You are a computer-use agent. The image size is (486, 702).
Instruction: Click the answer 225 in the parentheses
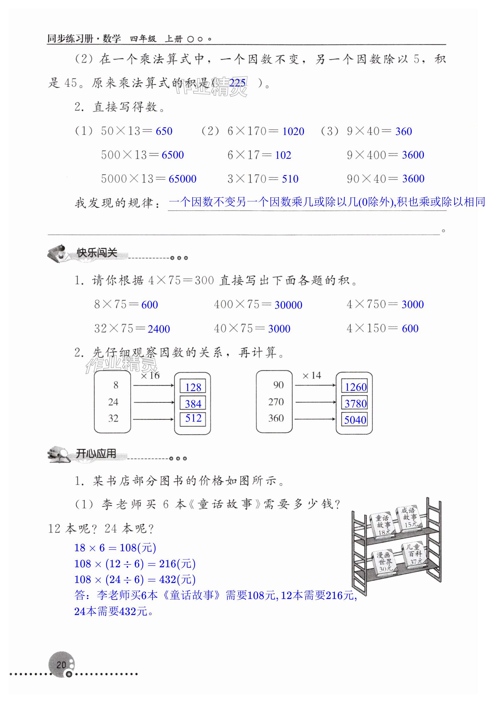click(237, 83)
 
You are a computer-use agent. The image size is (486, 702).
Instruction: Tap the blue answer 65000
click(182, 179)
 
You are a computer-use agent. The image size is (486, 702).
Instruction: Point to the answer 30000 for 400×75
click(288, 305)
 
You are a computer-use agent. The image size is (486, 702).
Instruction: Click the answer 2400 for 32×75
click(159, 329)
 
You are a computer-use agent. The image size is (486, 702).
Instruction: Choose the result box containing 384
click(193, 403)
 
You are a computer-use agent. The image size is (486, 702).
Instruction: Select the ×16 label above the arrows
click(150, 376)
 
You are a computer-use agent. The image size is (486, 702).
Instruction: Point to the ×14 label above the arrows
click(311, 376)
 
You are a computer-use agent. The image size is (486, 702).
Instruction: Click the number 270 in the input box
click(276, 402)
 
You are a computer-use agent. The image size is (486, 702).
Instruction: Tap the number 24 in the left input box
click(113, 402)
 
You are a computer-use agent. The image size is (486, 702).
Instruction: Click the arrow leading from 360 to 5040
click(315, 419)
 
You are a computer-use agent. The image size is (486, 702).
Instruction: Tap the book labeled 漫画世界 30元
click(384, 562)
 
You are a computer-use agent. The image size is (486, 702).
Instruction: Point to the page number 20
click(61, 665)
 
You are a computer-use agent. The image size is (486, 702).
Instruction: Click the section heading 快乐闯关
click(97, 253)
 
